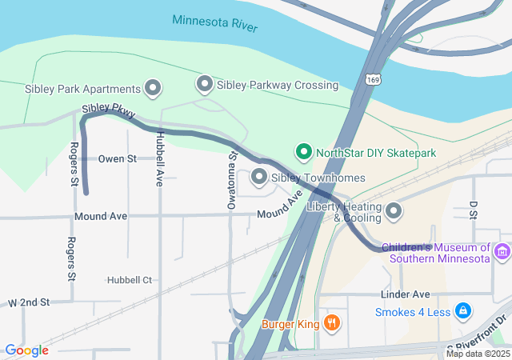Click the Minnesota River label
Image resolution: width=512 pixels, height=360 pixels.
pos(214,22)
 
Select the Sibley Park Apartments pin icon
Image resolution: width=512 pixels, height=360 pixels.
pos(152,88)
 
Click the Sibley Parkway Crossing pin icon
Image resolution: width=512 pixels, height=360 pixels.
pos(205,84)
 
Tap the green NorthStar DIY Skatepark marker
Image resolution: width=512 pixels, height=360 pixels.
pos(303,151)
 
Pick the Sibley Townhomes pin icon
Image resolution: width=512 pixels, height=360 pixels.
pos(259,177)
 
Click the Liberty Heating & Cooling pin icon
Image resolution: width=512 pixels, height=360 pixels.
pos(394,211)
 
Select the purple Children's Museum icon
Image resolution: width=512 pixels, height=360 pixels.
pos(502,253)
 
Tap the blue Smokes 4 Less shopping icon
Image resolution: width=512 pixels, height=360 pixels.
pos(462,311)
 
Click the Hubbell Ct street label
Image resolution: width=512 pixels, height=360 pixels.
pos(129,280)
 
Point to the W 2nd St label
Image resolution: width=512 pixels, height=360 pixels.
pos(29,302)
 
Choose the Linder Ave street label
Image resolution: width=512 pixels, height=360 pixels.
pos(407,294)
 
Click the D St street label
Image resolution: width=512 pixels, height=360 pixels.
pos(473,209)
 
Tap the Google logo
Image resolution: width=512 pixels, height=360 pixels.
pos(26,350)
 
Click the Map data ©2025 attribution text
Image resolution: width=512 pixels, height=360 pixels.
pos(477,354)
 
